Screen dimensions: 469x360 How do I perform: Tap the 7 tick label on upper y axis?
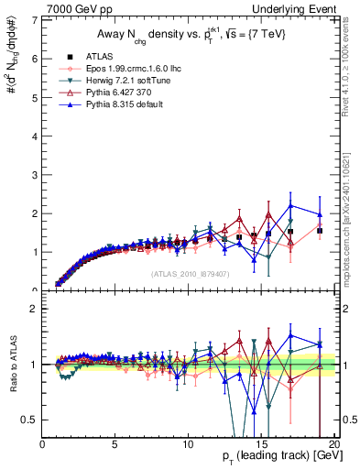34,20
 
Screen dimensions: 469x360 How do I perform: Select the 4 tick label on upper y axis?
34,136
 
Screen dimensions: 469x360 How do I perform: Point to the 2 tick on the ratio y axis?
34,309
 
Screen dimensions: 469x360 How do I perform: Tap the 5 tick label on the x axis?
115,444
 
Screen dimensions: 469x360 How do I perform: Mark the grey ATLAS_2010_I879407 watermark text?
190,274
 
